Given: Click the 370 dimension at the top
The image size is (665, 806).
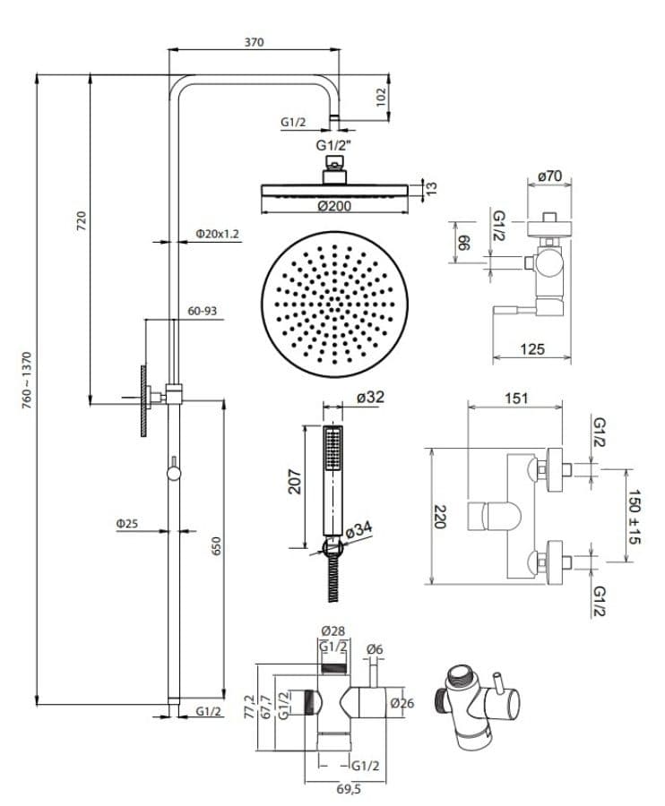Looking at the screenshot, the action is (254, 42).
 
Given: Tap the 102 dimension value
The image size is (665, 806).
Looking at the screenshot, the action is (381, 97).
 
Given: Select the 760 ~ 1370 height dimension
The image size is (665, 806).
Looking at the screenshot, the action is (27, 380).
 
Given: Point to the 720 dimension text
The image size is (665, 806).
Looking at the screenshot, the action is (82, 220).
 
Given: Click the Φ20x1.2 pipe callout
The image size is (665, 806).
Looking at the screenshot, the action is (218, 234).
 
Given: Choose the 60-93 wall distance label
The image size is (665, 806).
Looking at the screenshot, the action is (203, 311).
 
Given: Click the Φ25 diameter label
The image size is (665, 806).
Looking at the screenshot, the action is (127, 524).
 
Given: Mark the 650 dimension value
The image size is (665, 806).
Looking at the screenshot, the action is (216, 545).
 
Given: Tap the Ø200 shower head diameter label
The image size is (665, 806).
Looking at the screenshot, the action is (334, 206).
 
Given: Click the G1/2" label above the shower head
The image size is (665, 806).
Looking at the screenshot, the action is (333, 145).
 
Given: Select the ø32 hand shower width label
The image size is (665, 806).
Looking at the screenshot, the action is (370, 397).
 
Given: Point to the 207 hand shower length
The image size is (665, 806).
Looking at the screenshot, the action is (295, 481).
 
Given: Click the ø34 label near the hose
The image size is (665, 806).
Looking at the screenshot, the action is (358, 529).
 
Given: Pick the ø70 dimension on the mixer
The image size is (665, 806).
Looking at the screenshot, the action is (549, 176).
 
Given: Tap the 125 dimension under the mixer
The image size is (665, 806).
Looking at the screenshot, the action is (531, 349).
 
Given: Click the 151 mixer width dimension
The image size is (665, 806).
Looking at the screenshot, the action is (516, 398).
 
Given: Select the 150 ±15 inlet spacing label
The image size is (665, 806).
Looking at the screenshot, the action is (635, 517).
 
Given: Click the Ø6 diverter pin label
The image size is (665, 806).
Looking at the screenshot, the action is (375, 650).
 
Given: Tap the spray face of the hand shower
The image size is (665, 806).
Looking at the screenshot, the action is (333, 449).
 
